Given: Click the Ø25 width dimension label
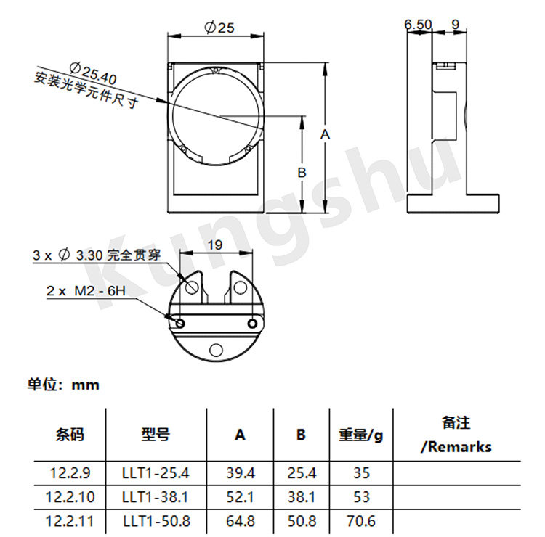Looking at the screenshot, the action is click(219, 27).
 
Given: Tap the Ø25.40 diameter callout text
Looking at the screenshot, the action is click(93, 73).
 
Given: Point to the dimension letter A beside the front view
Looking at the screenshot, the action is click(325, 134).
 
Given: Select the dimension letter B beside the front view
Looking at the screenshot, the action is click(302, 172).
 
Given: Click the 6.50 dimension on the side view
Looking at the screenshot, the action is click(418, 24).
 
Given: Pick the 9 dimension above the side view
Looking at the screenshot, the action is click(455, 24).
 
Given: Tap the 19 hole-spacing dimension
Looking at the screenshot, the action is click(215, 245).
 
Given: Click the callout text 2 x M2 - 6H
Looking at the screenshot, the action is click(86, 290).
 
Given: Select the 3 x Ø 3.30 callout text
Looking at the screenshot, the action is click(97, 255).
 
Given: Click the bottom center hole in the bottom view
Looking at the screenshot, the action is click(216, 350).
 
